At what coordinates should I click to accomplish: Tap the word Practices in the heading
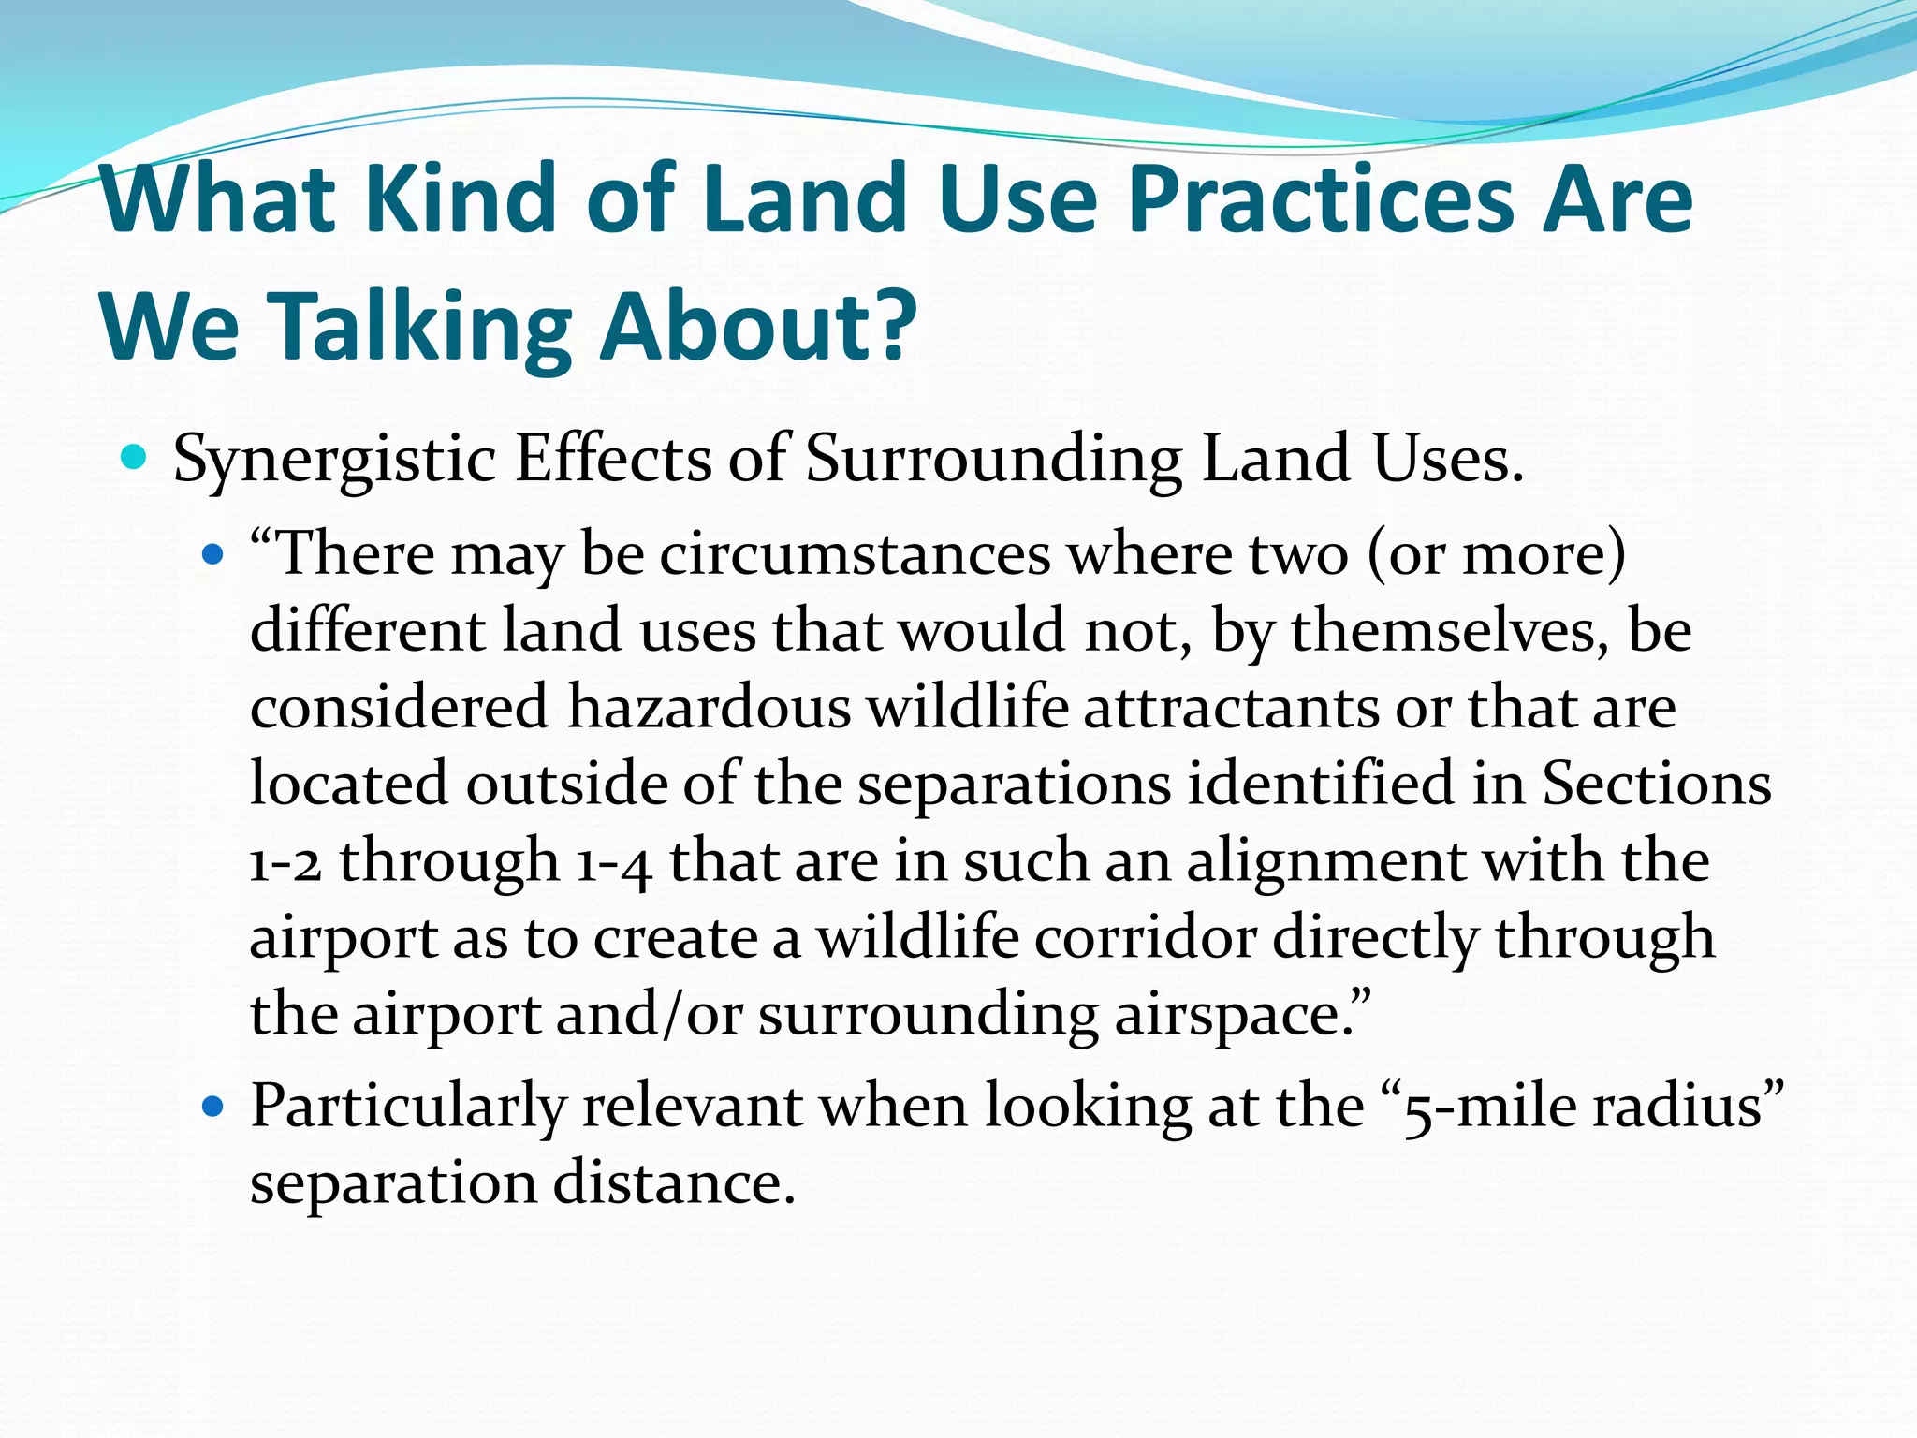1321,198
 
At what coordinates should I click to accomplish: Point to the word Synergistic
334,461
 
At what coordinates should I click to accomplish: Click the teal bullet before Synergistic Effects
135,458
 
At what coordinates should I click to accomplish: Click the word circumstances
855,554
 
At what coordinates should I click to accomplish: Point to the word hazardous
709,707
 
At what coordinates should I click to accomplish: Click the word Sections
1656,784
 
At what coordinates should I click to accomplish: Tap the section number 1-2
285,862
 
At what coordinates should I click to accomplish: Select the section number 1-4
614,862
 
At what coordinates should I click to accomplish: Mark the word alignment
1326,862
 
